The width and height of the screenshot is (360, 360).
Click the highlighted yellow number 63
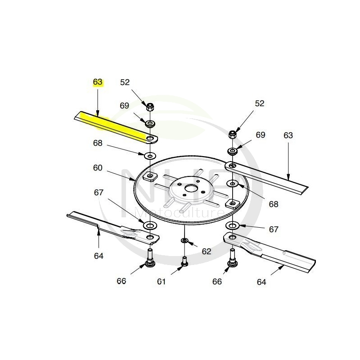pos(97,82)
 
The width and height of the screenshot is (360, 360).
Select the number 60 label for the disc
pos(98,168)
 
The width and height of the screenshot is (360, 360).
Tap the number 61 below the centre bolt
pos(162,281)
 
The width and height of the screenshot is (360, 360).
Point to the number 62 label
pos(207,252)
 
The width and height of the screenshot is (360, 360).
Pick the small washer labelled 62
pos(184,240)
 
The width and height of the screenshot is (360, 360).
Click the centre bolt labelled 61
pos(184,262)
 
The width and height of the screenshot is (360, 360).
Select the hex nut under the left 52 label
pos(150,107)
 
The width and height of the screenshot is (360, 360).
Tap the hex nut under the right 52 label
pos(233,134)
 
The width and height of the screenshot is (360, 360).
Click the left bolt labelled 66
pos(150,258)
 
